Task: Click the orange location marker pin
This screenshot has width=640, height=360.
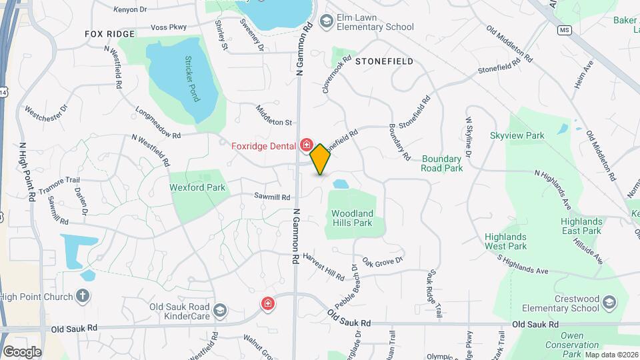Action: [320, 159]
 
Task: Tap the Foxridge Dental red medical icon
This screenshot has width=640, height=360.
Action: [307, 145]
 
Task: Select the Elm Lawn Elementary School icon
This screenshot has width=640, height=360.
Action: [326, 22]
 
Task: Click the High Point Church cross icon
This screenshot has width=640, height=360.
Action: [83, 296]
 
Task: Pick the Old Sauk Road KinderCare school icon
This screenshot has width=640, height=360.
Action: [220, 311]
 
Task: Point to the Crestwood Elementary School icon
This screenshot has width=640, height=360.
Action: [608, 304]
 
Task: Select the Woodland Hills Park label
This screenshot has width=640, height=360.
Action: [351, 218]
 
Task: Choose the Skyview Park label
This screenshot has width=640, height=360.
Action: [517, 135]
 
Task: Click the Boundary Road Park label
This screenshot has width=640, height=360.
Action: [441, 163]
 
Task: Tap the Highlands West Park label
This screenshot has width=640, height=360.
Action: [505, 241]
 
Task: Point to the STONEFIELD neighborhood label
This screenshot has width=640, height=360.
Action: [384, 61]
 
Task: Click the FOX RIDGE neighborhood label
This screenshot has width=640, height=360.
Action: [110, 33]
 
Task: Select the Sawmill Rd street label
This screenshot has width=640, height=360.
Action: [271, 197]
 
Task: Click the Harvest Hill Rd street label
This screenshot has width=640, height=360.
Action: [323, 266]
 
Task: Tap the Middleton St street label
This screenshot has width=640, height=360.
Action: [274, 114]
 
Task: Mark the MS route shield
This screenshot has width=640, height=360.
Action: [565, 31]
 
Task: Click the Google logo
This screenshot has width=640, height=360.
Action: [22, 351]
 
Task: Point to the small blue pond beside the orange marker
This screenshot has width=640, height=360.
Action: [340, 183]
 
